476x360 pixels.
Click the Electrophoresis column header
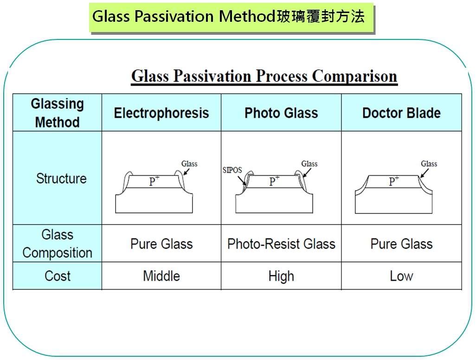[x=161, y=113]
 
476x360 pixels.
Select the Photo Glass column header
[x=281, y=113]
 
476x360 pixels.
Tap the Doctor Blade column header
[x=401, y=113]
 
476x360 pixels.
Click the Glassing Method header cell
[x=58, y=113]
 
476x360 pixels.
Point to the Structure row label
[x=61, y=178]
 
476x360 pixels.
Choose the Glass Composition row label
[x=58, y=244]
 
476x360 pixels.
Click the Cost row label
[x=58, y=276]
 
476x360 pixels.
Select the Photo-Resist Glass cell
[x=281, y=244]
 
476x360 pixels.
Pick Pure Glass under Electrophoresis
[x=161, y=244]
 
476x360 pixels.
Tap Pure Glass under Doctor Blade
[x=401, y=244]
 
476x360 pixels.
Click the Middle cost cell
[x=161, y=276]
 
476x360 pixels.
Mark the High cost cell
[x=281, y=276]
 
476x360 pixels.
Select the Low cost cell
[x=401, y=276]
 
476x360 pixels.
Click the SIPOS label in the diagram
[x=232, y=170]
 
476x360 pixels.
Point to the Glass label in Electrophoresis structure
[x=189, y=164]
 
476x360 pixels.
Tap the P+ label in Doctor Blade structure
[x=394, y=181]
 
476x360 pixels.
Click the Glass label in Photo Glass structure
[x=309, y=164]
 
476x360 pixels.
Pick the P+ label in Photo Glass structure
[x=274, y=181]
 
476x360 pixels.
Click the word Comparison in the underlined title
[x=354, y=76]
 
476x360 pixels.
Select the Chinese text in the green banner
[x=320, y=16]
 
